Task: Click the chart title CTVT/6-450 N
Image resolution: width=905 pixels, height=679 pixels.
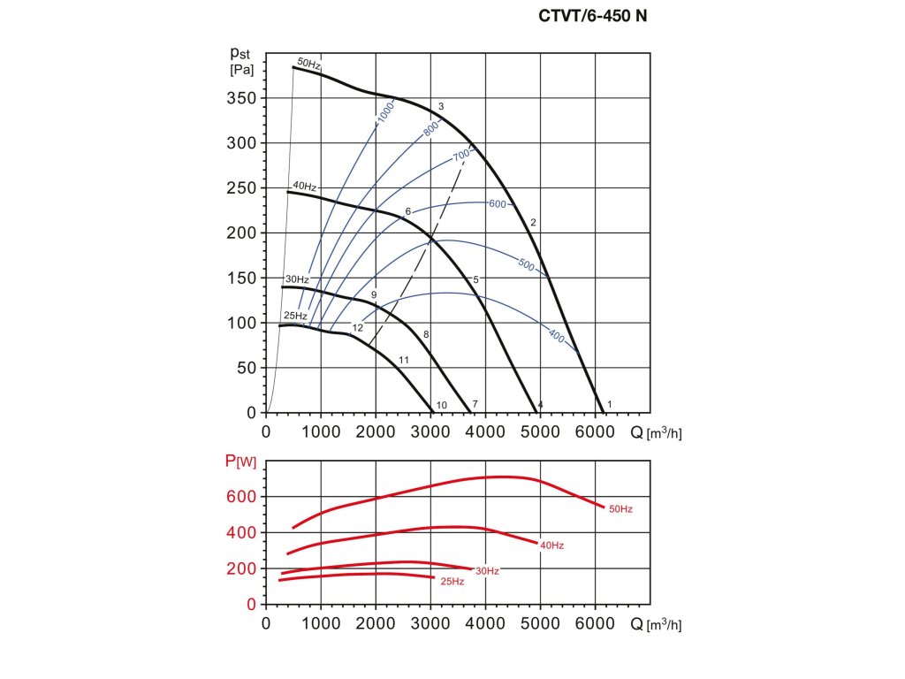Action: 593,15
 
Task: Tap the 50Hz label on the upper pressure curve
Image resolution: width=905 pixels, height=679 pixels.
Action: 308,63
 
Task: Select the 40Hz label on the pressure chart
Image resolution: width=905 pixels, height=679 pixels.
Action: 303,187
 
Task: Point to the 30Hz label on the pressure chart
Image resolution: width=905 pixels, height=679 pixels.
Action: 296,279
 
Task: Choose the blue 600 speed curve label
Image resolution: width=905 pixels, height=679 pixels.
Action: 497,204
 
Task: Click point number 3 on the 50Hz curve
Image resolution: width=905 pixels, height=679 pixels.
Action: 440,106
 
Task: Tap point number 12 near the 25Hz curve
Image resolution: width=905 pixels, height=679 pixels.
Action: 358,328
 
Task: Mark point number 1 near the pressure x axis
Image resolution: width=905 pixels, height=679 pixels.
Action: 610,404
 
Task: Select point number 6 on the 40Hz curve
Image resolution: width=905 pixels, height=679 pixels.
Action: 407,211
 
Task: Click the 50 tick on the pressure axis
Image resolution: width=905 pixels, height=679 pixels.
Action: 246,368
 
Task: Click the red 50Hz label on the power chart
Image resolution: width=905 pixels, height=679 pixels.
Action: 620,509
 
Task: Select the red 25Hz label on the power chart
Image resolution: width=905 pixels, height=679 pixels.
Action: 452,582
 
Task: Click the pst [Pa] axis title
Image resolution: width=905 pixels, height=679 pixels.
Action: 241,61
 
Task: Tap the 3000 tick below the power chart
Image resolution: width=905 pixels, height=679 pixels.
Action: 430,623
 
